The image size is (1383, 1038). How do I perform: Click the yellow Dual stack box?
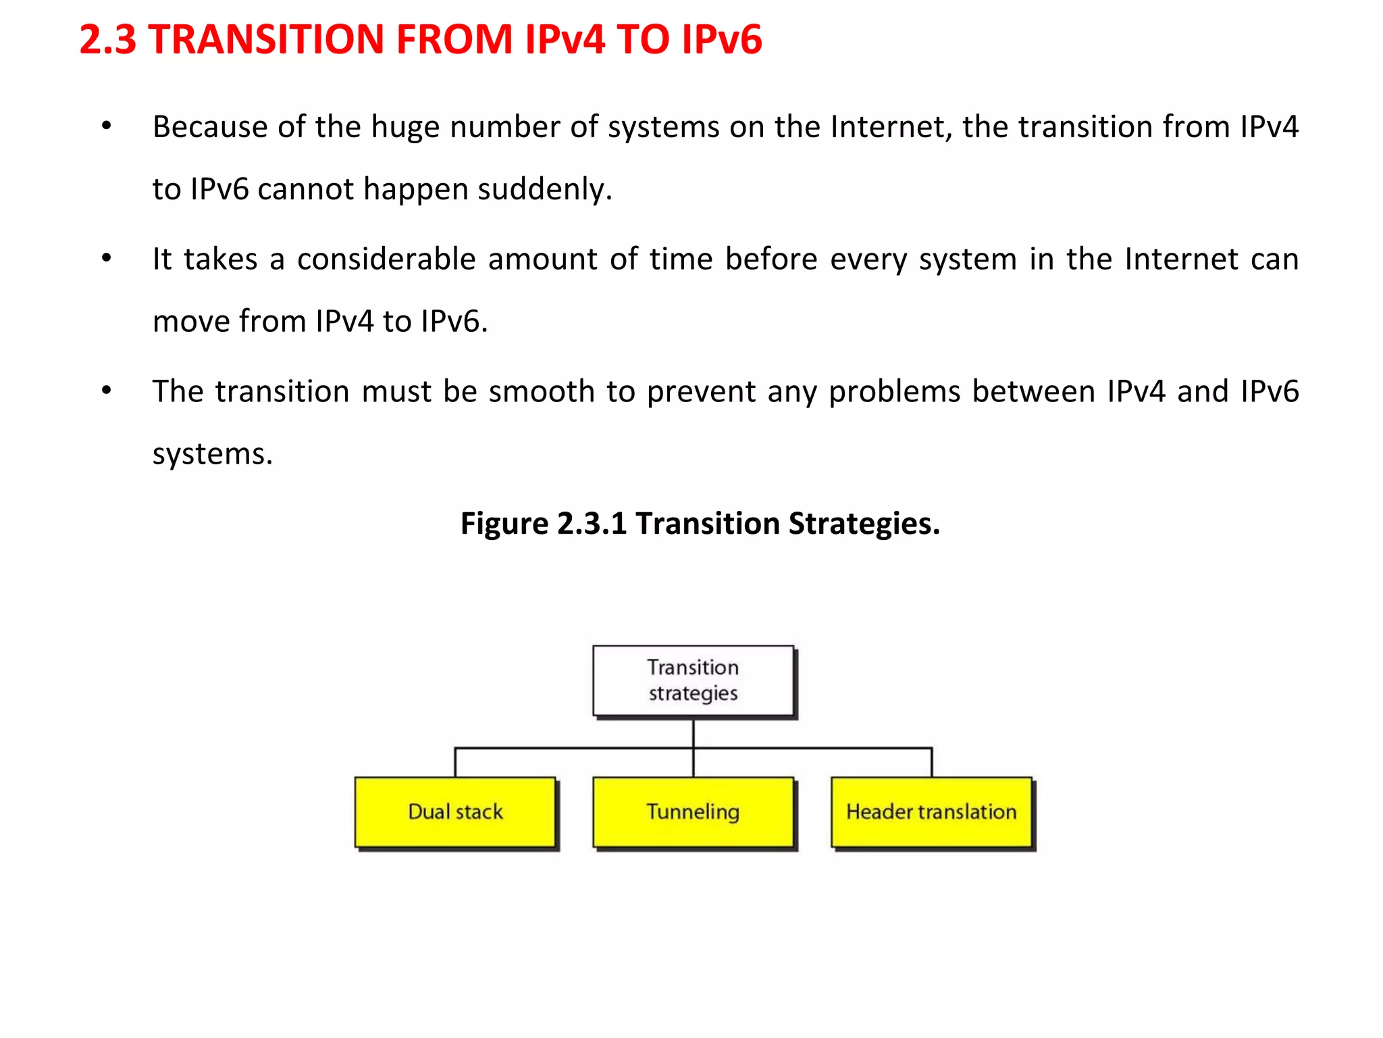tap(455, 812)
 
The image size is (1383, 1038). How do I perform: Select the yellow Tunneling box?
tap(693, 812)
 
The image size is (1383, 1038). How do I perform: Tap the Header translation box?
tap(931, 812)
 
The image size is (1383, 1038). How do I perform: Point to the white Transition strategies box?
tap(693, 681)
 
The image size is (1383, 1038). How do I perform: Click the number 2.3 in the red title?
tap(108, 39)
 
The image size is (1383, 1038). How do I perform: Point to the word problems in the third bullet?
tap(894, 392)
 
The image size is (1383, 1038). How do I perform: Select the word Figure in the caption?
tap(504, 524)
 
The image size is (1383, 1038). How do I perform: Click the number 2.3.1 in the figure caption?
tap(592, 524)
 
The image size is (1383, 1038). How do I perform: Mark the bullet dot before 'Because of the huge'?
tap(106, 126)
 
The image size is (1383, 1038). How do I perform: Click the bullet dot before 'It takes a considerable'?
tap(106, 258)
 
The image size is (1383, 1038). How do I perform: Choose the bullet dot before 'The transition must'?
tap(106, 391)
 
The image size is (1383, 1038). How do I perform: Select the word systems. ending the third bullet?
tap(212, 454)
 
